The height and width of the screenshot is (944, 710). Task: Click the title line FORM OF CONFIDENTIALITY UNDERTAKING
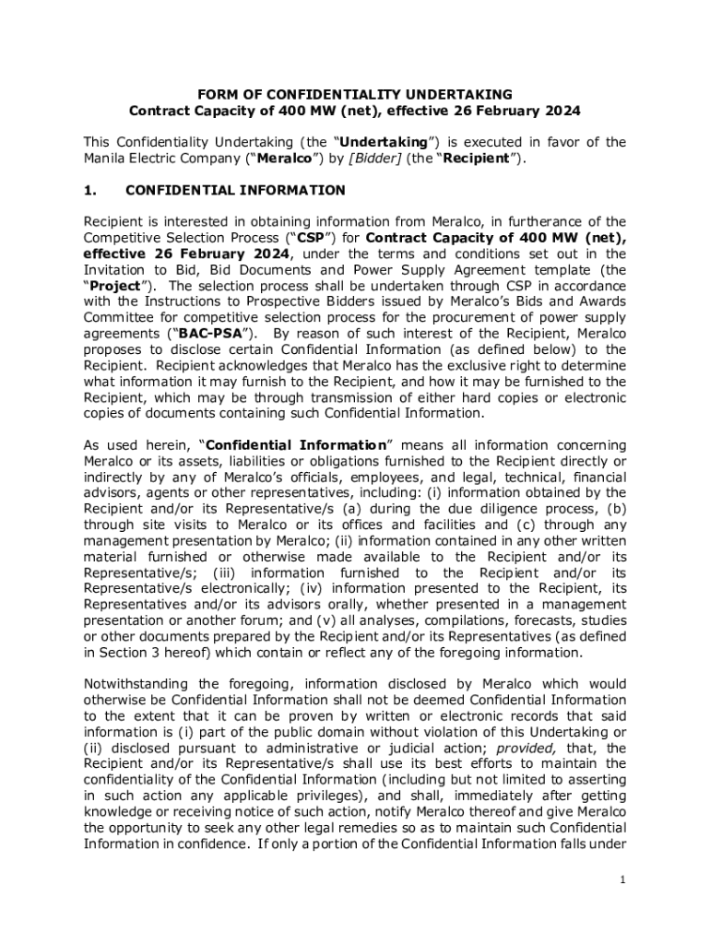[x=356, y=94]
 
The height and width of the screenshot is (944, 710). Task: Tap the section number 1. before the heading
[x=92, y=191]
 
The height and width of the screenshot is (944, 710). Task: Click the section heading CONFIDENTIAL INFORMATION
[x=235, y=191]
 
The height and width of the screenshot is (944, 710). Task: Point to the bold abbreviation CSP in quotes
[x=300, y=238]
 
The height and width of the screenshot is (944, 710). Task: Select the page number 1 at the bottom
[x=623, y=879]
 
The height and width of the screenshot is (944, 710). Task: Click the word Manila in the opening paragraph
[x=105, y=158]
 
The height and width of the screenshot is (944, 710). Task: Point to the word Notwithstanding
[x=135, y=683]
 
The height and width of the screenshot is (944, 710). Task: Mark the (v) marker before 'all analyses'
[x=351, y=620]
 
